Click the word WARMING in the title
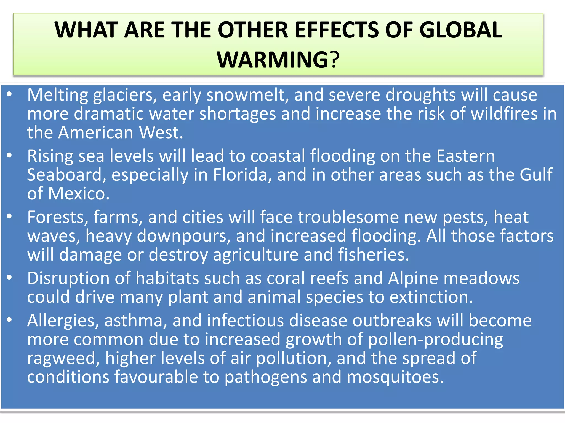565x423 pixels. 272,60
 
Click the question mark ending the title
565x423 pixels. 334,60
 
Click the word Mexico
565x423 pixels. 78,194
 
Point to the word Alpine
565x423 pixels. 413,278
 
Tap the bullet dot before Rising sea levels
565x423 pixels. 9,156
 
